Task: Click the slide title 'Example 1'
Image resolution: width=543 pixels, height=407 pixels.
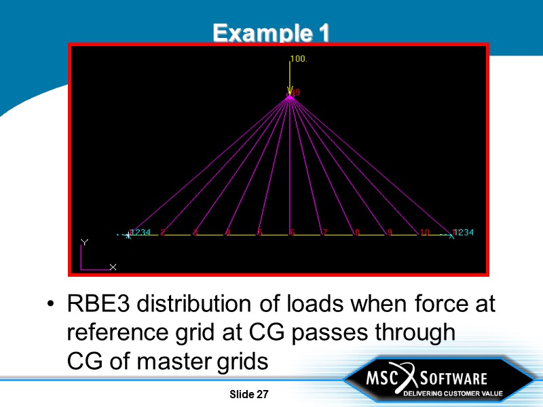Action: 271,32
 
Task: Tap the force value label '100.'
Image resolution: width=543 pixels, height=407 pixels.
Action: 299,59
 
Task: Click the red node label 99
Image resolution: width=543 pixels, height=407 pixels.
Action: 296,92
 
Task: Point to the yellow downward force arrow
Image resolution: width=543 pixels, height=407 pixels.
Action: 290,75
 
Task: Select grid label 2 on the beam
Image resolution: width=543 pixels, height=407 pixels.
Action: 163,232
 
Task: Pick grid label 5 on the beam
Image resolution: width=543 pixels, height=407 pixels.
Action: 259,233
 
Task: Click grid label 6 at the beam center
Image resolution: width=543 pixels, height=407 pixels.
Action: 292,233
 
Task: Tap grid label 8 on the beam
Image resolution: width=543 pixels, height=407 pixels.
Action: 357,233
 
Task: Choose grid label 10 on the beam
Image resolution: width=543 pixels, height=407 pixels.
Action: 424,233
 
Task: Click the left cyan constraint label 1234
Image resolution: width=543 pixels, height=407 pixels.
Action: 141,232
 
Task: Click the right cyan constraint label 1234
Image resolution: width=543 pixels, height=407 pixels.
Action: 464,232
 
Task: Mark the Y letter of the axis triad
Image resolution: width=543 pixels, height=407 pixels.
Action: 84,241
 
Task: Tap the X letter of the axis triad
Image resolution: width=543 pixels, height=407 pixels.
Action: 113,267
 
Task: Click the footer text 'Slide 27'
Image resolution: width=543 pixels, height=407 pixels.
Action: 249,394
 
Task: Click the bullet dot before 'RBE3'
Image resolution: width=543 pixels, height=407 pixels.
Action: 51,306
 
